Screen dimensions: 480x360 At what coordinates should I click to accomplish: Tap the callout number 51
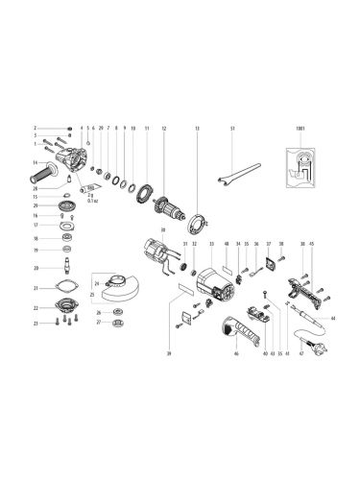pos(232,128)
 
